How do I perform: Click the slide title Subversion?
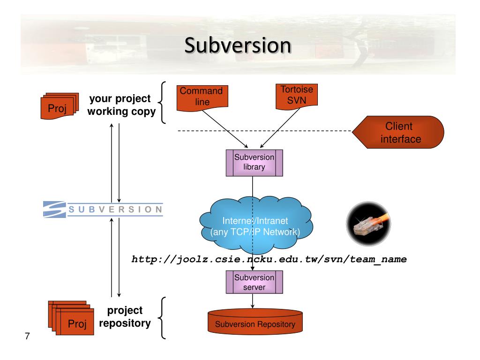click(x=238, y=45)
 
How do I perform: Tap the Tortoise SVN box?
click(x=297, y=96)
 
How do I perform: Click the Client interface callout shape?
click(x=398, y=132)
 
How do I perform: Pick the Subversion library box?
click(x=255, y=163)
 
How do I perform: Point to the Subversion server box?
click(x=255, y=282)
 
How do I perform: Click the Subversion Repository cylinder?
click(x=255, y=322)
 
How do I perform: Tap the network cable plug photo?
click(x=368, y=224)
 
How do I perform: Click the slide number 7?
click(x=27, y=336)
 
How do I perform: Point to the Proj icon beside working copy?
click(x=60, y=106)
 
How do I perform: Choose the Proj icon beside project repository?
click(x=71, y=318)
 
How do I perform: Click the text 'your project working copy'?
click(x=121, y=105)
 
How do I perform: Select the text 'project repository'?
click(x=125, y=317)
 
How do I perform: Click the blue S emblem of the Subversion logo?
click(x=54, y=210)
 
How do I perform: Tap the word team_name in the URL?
click(x=378, y=260)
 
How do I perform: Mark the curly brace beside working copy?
click(x=162, y=103)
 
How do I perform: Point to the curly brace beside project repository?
click(x=162, y=318)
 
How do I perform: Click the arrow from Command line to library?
click(x=225, y=129)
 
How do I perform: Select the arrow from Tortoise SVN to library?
click(x=280, y=128)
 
